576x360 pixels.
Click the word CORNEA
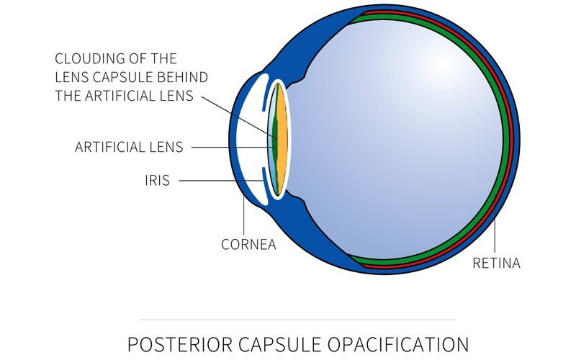(x=248, y=244)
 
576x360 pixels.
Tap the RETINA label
(x=496, y=263)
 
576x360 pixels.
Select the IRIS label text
(x=157, y=181)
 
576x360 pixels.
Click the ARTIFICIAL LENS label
(x=129, y=147)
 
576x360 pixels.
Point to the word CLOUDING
(x=87, y=58)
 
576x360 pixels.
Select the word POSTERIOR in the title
(x=179, y=345)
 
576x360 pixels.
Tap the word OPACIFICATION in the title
(x=398, y=345)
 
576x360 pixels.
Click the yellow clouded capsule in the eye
(x=282, y=140)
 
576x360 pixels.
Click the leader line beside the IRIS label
(x=222, y=181)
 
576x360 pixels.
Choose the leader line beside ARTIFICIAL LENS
(x=233, y=148)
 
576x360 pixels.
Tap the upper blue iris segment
(x=263, y=100)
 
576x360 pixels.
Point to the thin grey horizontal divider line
(x=298, y=320)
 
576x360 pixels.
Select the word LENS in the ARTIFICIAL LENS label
(x=166, y=147)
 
